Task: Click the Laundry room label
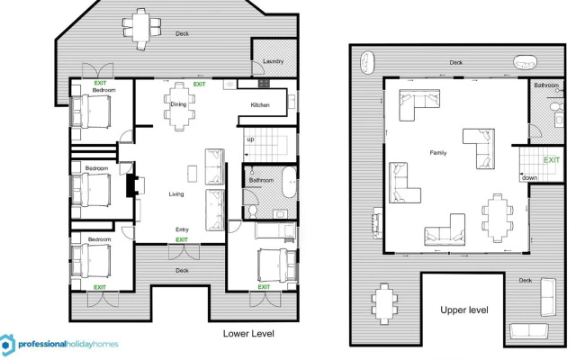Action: point(273,61)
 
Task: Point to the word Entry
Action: point(182,229)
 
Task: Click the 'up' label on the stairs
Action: point(249,139)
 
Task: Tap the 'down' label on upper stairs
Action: point(530,177)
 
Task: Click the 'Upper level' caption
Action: point(464,310)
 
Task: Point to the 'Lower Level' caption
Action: point(247,333)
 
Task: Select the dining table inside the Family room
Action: point(496,216)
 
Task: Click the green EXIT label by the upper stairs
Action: point(551,159)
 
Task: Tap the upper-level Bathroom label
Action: point(546,85)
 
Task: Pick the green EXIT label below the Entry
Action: point(182,240)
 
